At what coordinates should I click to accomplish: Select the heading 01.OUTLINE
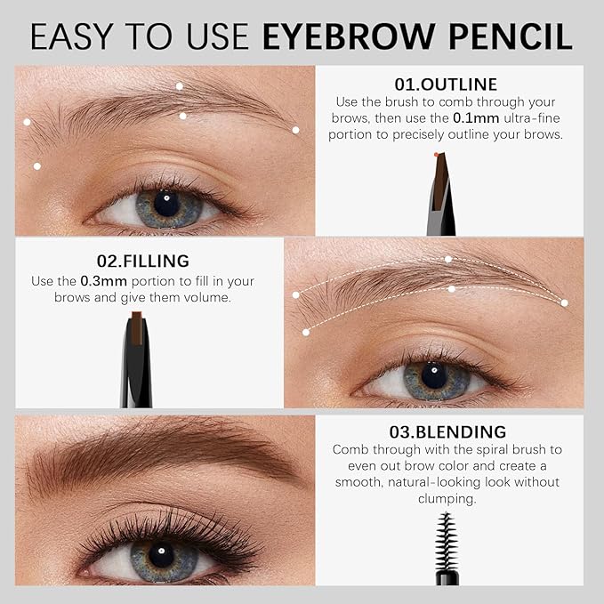[x=446, y=85]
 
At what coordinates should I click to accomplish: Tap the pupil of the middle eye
[x=433, y=374]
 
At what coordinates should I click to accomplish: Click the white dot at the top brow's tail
[x=295, y=130]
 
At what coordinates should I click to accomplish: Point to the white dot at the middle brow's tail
[x=564, y=302]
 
